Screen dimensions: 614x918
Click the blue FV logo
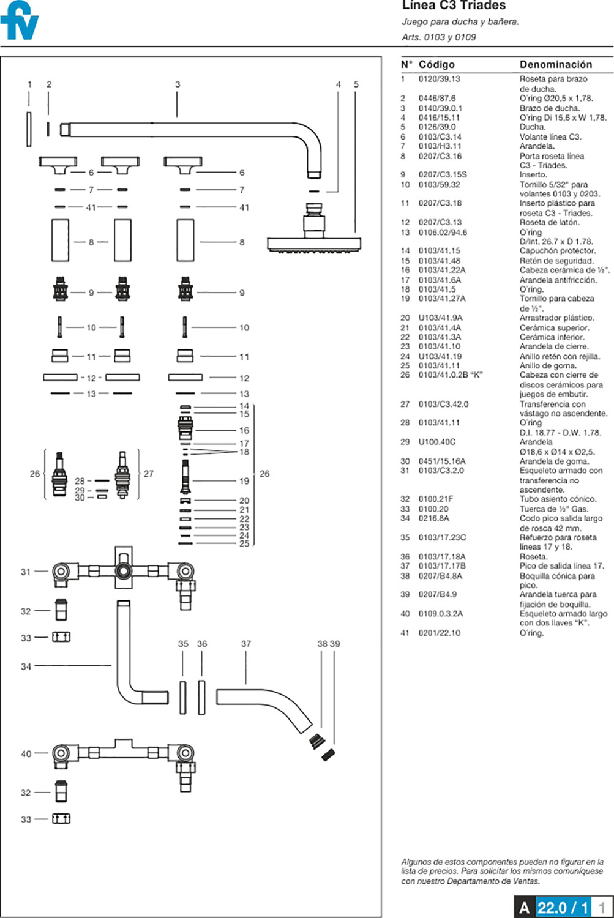point(19,20)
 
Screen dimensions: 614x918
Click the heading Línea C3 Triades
point(454,6)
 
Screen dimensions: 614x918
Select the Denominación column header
point(556,64)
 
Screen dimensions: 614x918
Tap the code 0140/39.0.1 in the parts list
point(440,108)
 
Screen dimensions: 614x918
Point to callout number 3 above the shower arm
point(178,84)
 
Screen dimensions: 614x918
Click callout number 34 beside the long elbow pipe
point(26,667)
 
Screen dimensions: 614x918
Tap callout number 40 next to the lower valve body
point(26,753)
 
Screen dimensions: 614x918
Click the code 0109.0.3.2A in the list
point(441,613)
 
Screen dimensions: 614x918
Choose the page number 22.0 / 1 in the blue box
point(563,908)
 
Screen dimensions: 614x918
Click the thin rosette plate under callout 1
point(29,129)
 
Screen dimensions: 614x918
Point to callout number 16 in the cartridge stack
point(244,430)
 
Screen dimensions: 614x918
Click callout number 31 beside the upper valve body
point(26,572)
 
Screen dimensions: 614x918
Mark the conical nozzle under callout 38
point(316,741)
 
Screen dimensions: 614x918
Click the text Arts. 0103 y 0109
point(438,37)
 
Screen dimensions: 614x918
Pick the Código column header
point(436,64)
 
